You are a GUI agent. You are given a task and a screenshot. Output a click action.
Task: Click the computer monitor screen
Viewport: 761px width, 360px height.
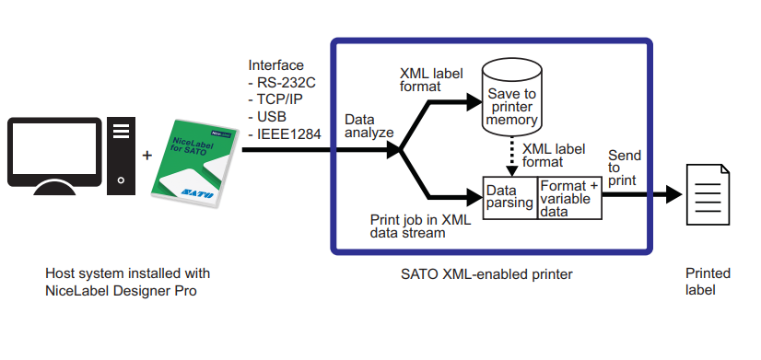tap(54, 148)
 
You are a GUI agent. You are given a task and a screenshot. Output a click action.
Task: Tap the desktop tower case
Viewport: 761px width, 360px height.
tap(121, 156)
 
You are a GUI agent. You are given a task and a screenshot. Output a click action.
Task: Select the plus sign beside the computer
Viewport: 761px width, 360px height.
tap(147, 156)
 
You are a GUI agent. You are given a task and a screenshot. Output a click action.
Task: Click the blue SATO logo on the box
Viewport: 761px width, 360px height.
tap(197, 193)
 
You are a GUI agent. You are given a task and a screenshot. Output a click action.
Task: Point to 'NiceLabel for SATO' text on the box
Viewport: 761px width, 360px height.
tap(189, 146)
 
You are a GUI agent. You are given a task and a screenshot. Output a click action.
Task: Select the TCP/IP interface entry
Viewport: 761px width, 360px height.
tap(275, 100)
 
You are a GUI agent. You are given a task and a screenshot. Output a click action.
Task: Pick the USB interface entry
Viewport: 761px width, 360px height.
tap(267, 117)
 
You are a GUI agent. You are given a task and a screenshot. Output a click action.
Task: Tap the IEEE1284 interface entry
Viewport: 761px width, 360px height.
tap(285, 134)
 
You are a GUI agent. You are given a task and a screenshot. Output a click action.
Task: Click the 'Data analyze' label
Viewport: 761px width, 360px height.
tap(369, 126)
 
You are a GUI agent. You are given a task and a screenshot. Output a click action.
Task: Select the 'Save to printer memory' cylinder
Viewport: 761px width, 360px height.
tap(511, 99)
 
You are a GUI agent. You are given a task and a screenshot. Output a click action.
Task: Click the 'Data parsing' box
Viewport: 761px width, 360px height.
tap(510, 197)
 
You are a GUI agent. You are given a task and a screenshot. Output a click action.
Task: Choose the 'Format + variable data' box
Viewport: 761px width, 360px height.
tap(569, 197)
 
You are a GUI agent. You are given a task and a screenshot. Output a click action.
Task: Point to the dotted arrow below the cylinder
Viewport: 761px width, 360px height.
tap(511, 157)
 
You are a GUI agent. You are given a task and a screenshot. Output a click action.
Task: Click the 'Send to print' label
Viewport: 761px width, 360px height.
tap(625, 168)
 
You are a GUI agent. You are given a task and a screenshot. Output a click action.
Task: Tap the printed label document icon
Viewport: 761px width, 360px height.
tap(708, 194)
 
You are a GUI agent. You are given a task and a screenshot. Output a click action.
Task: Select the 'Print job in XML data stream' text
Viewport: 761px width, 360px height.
tap(420, 226)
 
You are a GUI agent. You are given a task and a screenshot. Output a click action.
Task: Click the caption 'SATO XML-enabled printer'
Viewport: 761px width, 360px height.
tap(486, 274)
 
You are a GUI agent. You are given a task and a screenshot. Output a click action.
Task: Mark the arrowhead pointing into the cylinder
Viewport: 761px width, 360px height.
tap(474, 102)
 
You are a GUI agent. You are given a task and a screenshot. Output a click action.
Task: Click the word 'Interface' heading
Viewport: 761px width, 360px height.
tap(276, 65)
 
